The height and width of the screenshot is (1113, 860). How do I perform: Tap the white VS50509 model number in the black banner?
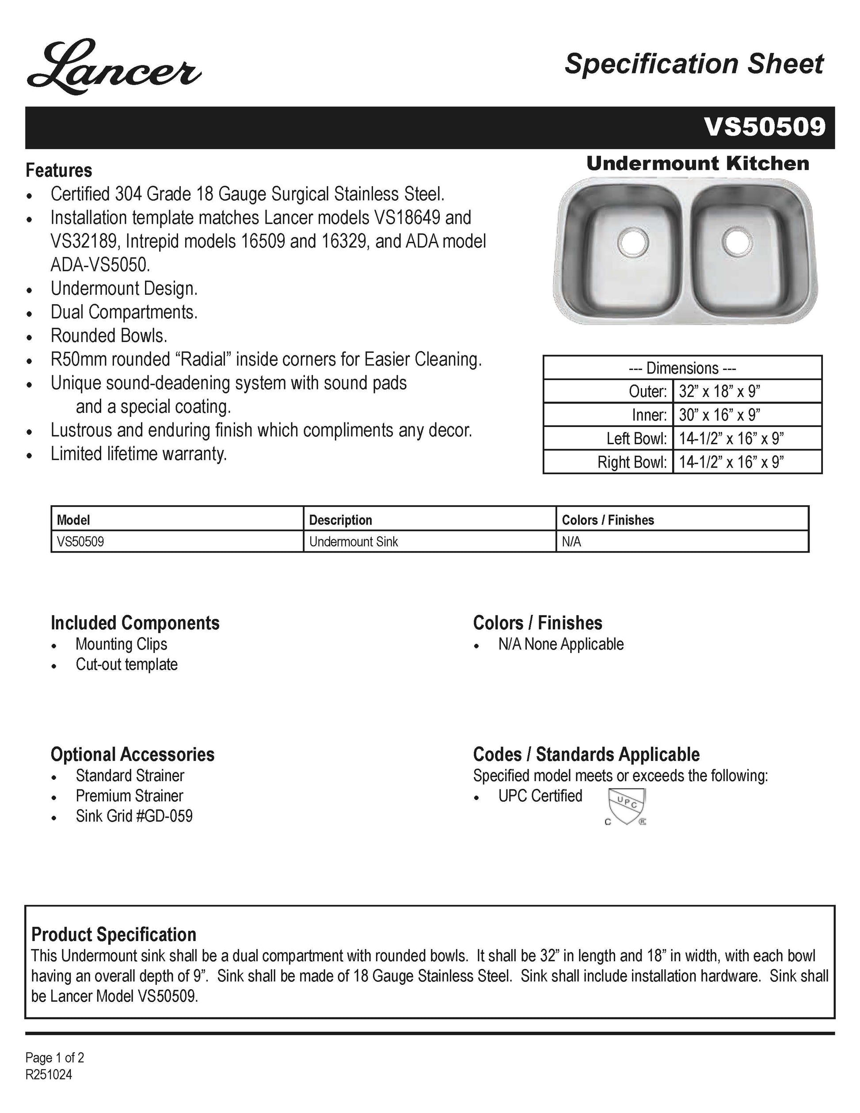(x=764, y=127)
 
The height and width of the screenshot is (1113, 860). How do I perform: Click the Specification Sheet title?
(x=693, y=64)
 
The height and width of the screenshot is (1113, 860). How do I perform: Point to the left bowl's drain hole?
(x=633, y=242)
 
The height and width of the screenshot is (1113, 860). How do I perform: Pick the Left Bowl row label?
(x=636, y=438)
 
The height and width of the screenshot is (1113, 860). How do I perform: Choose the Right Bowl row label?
(x=632, y=462)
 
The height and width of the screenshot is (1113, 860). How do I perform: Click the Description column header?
(x=340, y=520)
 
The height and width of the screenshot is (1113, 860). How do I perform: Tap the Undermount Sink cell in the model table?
(x=354, y=542)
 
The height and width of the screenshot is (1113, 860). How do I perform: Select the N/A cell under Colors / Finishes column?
(x=571, y=542)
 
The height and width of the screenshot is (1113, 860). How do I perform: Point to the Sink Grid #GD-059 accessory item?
(x=134, y=816)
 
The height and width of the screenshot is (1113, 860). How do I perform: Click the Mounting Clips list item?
(x=121, y=644)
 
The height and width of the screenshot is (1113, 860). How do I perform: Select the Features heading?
(x=59, y=170)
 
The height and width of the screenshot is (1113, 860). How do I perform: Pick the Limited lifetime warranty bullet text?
(x=139, y=454)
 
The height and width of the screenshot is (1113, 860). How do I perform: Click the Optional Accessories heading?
(x=133, y=754)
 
